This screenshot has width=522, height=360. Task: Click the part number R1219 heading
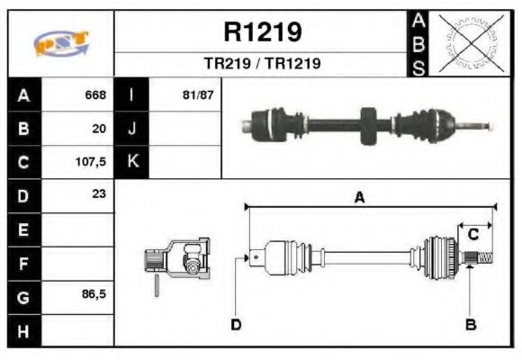coord(262,32)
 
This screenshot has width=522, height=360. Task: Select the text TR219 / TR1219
coord(262,64)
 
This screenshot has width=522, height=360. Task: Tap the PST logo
coord(62,43)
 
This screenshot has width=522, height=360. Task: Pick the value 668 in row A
coord(95,95)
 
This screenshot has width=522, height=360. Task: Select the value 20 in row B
coord(100,129)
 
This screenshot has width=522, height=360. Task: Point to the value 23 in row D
coord(99,194)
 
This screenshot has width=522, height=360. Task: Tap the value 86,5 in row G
coord(94,294)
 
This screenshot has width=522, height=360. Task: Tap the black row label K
coord(132,162)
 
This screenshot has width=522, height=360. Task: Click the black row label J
coord(132,129)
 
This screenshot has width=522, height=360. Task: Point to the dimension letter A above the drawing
coord(359,198)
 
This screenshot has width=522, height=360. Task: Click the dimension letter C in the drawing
coord(472,234)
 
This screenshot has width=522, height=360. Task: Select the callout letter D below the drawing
coord(236,324)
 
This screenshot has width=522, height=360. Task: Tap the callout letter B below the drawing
coord(469,324)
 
